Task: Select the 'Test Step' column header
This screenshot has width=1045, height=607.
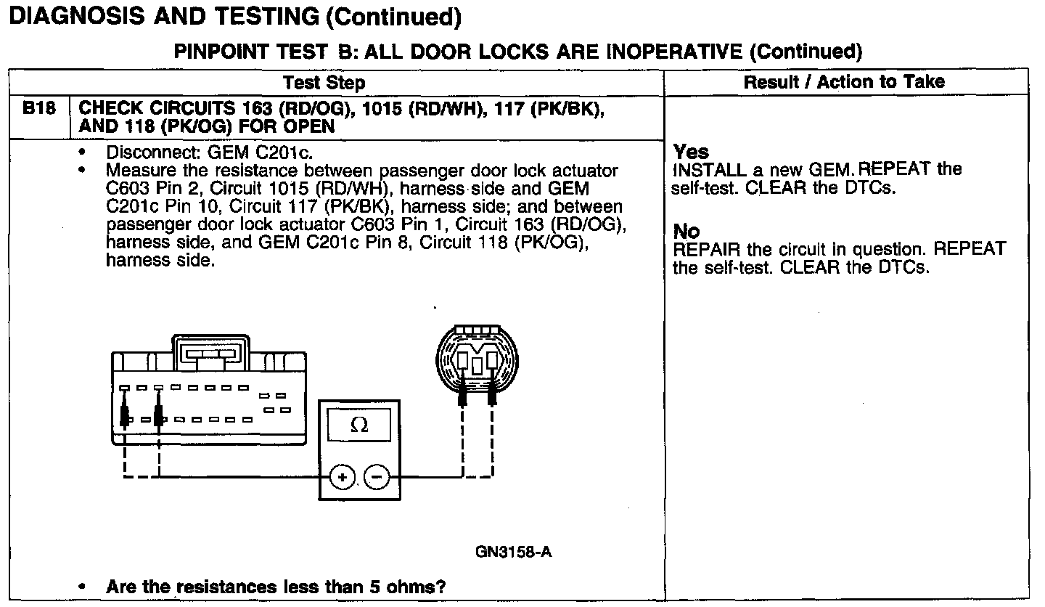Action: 324,82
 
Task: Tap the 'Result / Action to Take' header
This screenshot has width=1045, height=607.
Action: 844,81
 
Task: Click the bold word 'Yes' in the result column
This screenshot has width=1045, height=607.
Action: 691,152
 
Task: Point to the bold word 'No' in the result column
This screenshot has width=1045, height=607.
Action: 687,232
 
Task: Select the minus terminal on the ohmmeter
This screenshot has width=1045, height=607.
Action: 376,477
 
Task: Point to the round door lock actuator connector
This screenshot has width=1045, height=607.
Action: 477,360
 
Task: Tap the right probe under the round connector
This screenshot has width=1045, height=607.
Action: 492,396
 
